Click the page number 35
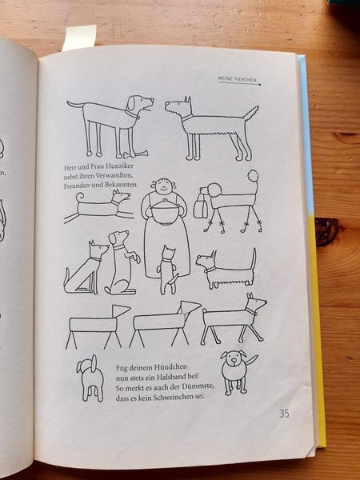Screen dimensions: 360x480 coord(284,414)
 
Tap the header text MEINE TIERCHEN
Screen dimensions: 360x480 coord(238,79)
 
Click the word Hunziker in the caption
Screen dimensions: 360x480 coord(120,166)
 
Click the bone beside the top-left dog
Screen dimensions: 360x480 coord(136,154)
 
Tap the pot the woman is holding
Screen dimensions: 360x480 coord(165,212)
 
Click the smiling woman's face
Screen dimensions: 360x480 coord(163,186)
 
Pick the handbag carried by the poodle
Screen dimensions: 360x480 coord(200,204)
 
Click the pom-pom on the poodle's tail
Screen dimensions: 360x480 coord(253,176)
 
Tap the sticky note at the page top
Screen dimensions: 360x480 coord(79,37)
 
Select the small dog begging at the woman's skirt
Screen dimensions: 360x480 coord(167,270)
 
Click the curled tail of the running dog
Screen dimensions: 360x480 coord(79,197)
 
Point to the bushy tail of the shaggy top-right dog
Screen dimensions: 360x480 coord(251,113)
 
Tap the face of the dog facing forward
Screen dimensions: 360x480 coord(234,358)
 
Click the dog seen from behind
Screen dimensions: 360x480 coord(91,378)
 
